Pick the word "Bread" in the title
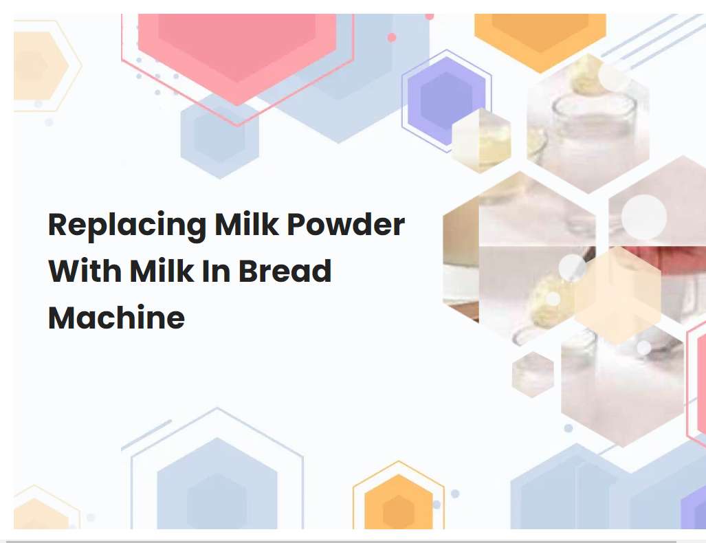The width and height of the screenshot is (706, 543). coord(285,271)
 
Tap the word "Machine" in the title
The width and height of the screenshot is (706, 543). coord(116,317)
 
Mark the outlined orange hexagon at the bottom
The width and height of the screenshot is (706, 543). coord(398,502)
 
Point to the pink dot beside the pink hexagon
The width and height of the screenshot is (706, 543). coord(392,37)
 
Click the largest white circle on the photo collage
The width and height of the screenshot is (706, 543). coord(643,217)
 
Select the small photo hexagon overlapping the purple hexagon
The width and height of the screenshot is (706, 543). coord(481,140)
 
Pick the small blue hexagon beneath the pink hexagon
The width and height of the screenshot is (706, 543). coord(219,135)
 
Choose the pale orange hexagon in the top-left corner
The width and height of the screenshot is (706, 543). coord(38,65)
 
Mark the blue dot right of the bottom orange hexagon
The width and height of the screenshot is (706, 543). coord(454,494)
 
